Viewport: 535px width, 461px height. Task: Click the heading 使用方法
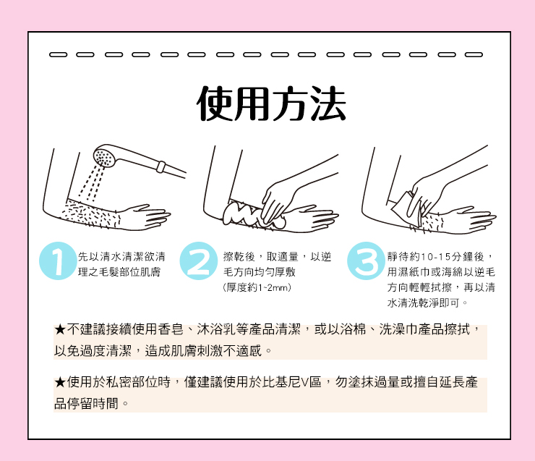tap(271, 103)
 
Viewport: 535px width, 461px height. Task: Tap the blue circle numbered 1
tap(58, 261)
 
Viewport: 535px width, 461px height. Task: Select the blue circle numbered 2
tap(199, 261)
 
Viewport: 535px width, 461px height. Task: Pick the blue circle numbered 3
tap(366, 261)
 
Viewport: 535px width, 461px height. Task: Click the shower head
tap(106, 156)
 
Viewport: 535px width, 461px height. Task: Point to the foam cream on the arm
tap(254, 214)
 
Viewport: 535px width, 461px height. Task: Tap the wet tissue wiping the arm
tap(406, 209)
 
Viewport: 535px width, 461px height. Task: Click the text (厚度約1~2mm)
tap(257, 287)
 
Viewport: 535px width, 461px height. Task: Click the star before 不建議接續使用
tap(60, 329)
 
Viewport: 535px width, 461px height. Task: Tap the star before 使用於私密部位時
tap(60, 382)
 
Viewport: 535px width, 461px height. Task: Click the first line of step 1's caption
tap(121, 256)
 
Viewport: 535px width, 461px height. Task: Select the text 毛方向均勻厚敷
tap(260, 272)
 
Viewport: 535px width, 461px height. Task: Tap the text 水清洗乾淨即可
tap(424, 303)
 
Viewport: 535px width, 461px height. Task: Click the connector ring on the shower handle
tap(160, 166)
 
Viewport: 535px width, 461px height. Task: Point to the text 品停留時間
tap(86, 404)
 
